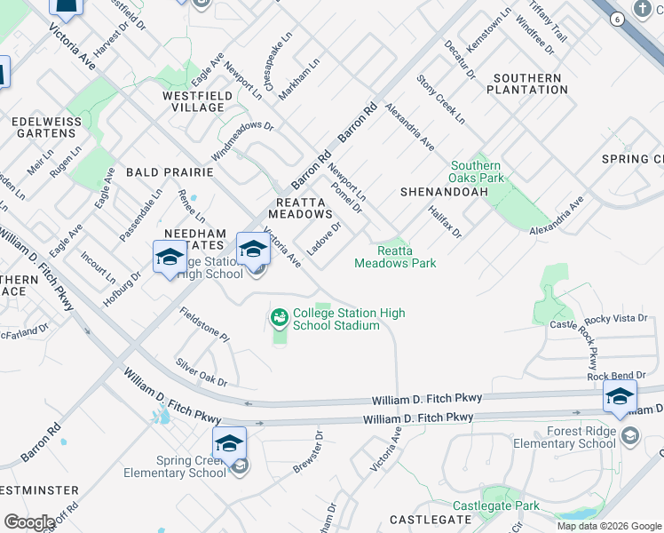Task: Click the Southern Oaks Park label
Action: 476,171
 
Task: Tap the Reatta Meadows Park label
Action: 395,257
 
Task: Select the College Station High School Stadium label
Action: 349,319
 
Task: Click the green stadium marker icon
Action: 280,316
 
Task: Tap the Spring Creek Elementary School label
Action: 191,466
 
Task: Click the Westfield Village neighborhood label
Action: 194,101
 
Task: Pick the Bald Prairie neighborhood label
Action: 170,171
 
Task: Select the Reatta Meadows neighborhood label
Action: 300,208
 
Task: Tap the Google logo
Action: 29,522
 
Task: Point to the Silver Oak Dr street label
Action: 202,372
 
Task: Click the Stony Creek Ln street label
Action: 440,99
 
